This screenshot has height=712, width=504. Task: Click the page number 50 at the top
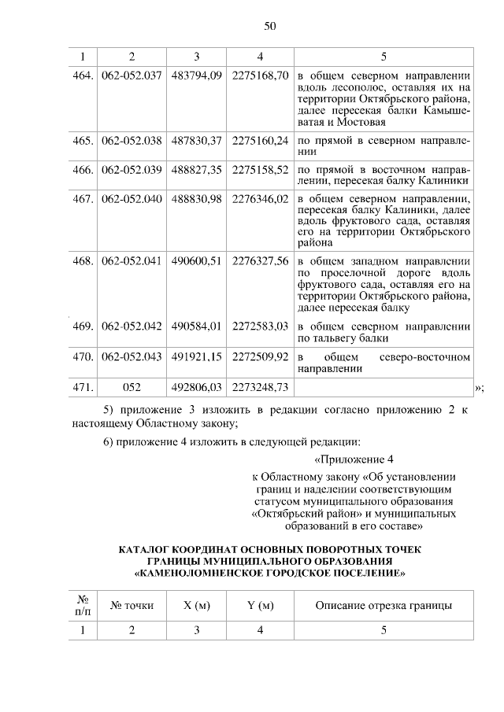269,27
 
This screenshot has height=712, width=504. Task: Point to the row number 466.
83,170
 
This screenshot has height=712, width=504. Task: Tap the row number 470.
83,357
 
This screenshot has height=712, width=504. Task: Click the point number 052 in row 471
132,387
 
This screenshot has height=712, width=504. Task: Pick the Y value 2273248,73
261,387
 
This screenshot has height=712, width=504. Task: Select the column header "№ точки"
132,605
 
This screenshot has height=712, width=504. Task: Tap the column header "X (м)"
196,605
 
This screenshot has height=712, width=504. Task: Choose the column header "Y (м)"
261,605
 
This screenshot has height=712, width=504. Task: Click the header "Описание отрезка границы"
384,605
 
